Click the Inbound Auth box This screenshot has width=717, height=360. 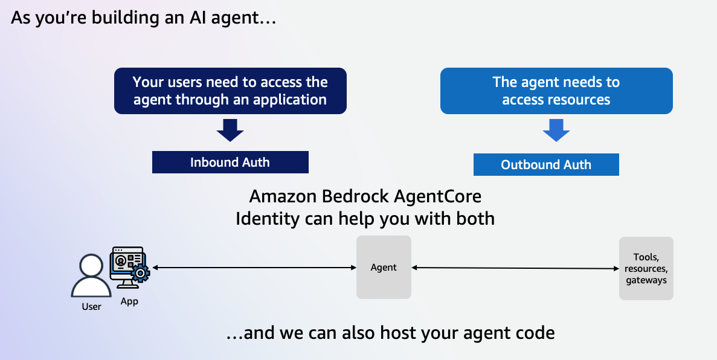(x=230, y=162)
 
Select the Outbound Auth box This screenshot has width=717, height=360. (x=546, y=165)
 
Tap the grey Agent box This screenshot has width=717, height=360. (x=384, y=267)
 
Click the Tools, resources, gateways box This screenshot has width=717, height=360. (x=646, y=268)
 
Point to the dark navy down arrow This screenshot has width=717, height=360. (x=230, y=130)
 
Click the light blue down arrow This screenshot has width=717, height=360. (x=556, y=130)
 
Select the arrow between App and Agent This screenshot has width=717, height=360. (x=254, y=268)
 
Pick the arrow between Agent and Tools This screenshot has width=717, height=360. (x=515, y=268)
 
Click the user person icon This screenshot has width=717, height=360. (x=91, y=276)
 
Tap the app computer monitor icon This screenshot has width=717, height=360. (x=127, y=267)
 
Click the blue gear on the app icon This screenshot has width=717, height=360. (x=140, y=273)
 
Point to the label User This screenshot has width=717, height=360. (x=91, y=306)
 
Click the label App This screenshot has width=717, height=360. (x=129, y=302)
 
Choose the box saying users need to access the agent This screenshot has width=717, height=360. (x=230, y=91)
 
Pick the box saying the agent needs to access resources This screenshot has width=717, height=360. (x=556, y=91)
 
